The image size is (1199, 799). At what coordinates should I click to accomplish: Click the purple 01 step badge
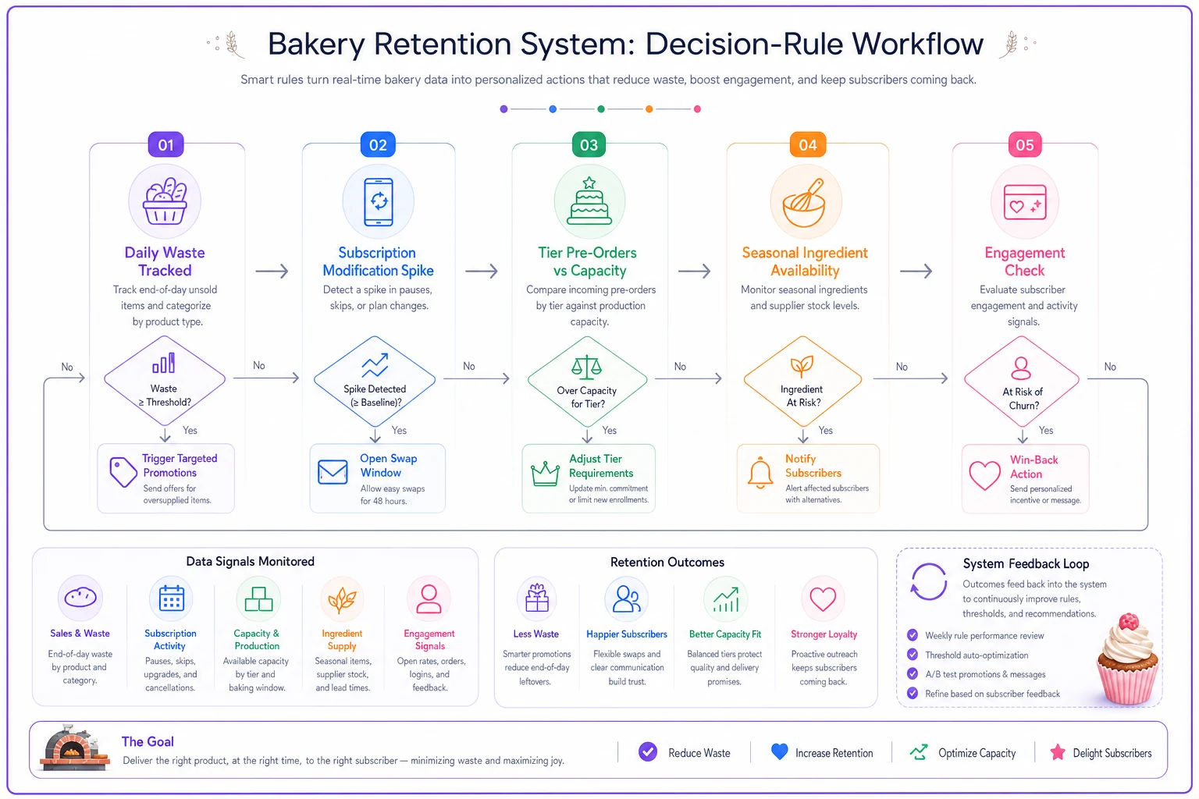click(165, 144)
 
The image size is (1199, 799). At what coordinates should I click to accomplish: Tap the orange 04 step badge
click(808, 144)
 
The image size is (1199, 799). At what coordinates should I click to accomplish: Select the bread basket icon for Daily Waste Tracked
click(165, 201)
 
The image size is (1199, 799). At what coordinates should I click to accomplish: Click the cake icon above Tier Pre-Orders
click(589, 201)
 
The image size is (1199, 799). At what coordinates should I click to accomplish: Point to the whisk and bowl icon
click(805, 202)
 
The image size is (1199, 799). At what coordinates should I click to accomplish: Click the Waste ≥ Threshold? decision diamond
click(165, 381)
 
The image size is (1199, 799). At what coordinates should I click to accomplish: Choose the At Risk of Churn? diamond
click(1022, 382)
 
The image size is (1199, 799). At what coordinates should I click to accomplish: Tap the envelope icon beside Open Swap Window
click(333, 472)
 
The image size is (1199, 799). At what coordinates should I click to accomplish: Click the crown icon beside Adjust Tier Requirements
click(545, 474)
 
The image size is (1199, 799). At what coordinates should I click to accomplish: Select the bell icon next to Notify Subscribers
click(760, 473)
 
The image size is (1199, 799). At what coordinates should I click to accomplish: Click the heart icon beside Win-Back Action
click(985, 475)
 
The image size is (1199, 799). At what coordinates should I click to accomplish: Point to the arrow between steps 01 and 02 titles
click(272, 272)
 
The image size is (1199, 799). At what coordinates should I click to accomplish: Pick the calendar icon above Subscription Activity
click(171, 598)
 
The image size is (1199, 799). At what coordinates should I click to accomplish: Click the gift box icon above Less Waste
click(537, 598)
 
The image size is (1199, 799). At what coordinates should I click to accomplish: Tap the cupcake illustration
click(1127, 659)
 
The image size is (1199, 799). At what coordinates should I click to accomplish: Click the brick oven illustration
click(75, 748)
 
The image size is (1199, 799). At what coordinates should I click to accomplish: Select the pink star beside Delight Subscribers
click(1058, 752)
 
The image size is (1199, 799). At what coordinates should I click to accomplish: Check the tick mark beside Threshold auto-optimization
click(913, 655)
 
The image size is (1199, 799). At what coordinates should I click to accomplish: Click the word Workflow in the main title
click(917, 44)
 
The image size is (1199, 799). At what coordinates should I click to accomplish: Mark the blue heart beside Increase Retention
click(779, 752)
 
